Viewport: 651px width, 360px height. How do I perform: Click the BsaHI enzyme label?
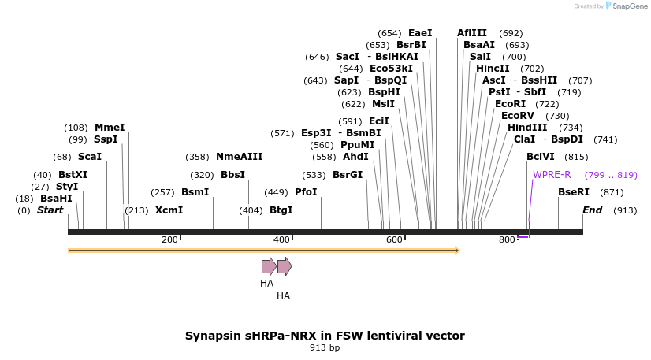pyautogui.click(x=56, y=199)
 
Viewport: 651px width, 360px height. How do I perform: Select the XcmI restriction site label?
pyautogui.click(x=169, y=210)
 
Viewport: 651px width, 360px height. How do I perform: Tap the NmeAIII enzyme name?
pyautogui.click(x=239, y=157)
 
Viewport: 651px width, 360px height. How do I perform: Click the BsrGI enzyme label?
pyautogui.click(x=348, y=175)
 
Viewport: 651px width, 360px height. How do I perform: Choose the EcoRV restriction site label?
pyautogui.click(x=518, y=116)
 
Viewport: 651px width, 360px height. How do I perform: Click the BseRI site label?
pyautogui.click(x=573, y=192)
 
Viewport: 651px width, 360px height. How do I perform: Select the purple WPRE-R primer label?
pyautogui.click(x=552, y=175)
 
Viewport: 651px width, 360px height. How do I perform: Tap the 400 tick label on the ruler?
pyautogui.click(x=281, y=239)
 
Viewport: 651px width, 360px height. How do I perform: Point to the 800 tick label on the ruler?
pyautogui.click(x=507, y=239)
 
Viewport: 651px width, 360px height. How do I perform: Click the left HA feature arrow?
pyautogui.click(x=269, y=266)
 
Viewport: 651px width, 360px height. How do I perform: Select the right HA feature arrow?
pyautogui.click(x=285, y=266)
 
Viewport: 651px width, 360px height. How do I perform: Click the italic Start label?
pyautogui.click(x=50, y=210)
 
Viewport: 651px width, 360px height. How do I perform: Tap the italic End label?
pyautogui.click(x=592, y=210)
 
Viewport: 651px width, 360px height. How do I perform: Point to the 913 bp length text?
pyautogui.click(x=325, y=347)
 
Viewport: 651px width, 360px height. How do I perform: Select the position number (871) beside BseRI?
pyautogui.click(x=612, y=192)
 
